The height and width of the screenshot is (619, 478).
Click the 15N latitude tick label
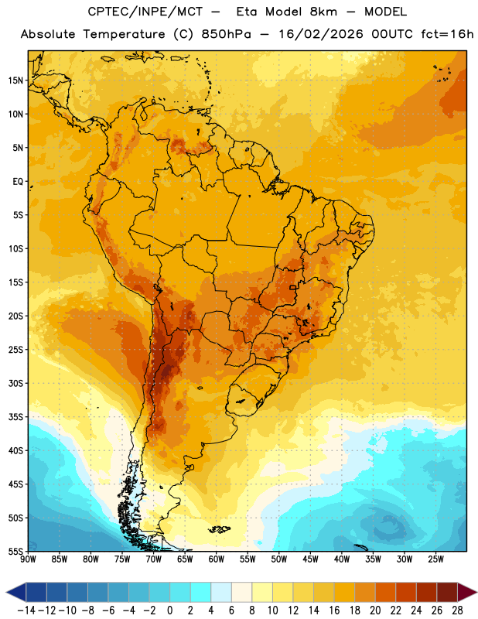pos(15,80)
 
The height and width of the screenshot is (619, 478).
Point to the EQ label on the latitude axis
pos(18,182)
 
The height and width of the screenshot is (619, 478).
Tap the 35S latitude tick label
pos(15,417)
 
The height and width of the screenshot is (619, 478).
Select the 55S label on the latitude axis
pos(15,551)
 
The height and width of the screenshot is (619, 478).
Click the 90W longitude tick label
pos(29,559)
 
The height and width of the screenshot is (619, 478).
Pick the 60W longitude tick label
pos(217,559)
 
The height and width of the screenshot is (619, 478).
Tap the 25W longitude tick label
pos(435,559)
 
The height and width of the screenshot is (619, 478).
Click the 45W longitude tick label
pos(310,559)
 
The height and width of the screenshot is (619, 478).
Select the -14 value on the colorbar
pos(26,610)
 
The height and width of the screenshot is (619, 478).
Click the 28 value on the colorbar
pos(457,610)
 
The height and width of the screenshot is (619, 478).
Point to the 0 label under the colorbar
pos(169,610)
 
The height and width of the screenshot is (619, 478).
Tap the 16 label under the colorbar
pos(334,610)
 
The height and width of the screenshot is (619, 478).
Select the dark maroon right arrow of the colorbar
pos(467,592)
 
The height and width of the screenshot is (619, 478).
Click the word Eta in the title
pos(247,12)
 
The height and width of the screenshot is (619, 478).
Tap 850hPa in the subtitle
pos(226,34)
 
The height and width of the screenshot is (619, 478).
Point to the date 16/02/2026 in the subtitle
pos(321,34)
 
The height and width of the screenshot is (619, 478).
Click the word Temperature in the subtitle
pos(124,34)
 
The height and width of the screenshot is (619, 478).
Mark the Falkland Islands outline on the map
pos(220,529)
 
